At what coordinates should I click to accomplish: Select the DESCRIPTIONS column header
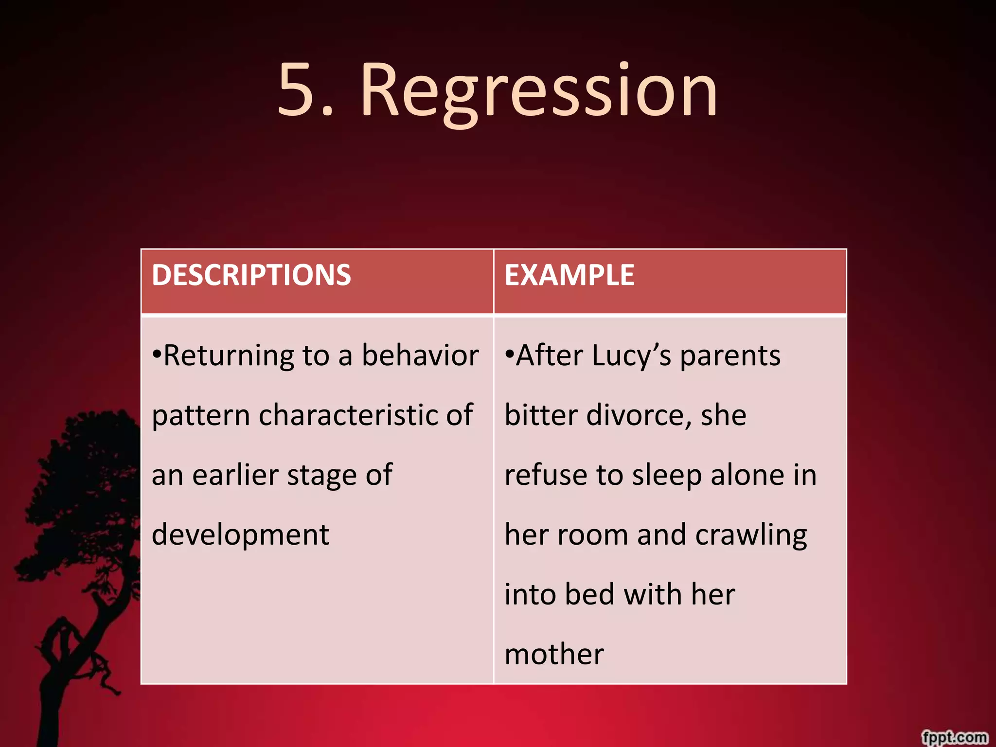coord(251,275)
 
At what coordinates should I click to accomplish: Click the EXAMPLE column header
coord(569,275)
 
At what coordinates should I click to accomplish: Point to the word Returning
coord(229,356)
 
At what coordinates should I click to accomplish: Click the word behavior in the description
coord(420,355)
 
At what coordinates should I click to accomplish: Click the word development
coord(240,535)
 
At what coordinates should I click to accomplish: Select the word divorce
coord(639,415)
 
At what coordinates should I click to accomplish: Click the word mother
coord(554,654)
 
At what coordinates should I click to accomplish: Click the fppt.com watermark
coord(955,736)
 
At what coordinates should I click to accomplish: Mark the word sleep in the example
coord(667,476)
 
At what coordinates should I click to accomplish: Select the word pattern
coord(201,416)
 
